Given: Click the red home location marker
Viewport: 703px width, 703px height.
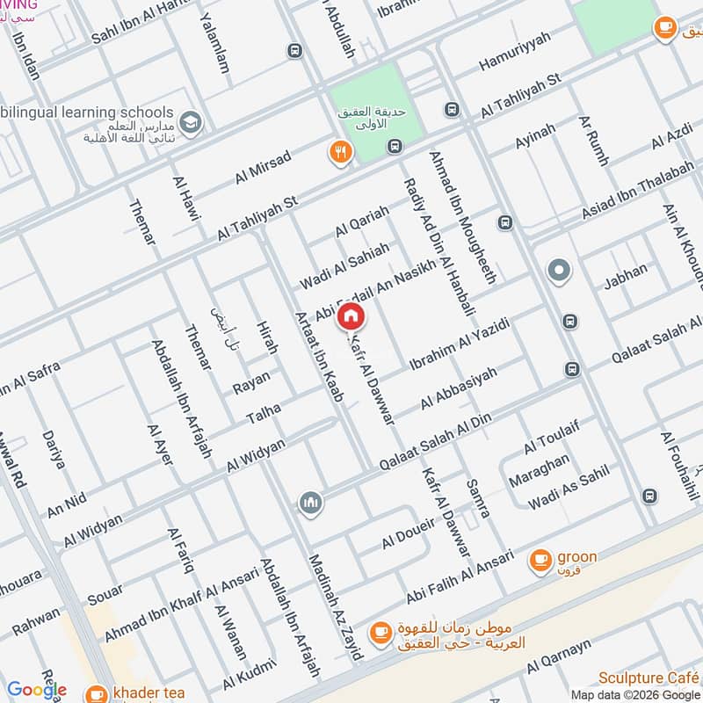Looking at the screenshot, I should coord(350,316).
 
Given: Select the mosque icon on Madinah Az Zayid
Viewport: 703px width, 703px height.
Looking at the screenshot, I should coord(308,503).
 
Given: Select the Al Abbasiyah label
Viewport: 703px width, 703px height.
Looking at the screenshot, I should coord(459,388).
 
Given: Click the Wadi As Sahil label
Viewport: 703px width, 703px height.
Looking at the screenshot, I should coord(569,489).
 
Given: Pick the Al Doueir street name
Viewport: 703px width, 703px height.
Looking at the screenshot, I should coord(409,533).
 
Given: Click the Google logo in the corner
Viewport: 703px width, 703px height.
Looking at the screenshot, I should coord(37,690).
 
